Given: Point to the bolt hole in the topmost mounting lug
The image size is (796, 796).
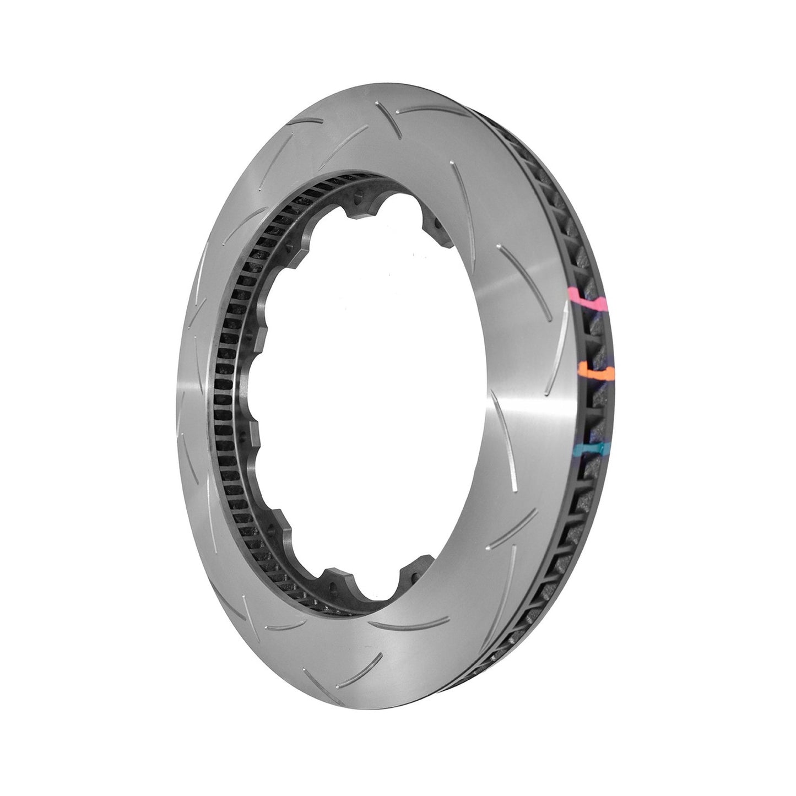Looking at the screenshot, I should (x=359, y=193).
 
